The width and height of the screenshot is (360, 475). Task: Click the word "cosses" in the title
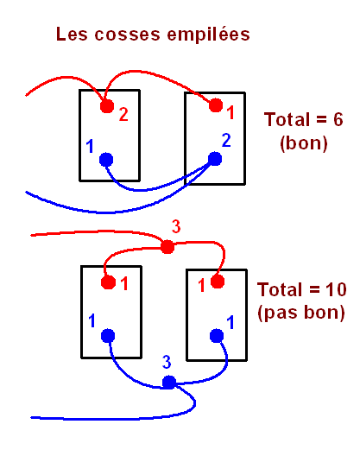pyautogui.click(x=127, y=35)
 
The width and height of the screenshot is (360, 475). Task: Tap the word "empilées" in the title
pyautogui.click(x=208, y=35)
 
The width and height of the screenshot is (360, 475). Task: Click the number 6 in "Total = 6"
pyautogui.click(x=338, y=119)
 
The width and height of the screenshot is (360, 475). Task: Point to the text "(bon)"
pyautogui.click(x=303, y=143)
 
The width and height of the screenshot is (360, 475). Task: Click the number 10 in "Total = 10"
pyautogui.click(x=336, y=289)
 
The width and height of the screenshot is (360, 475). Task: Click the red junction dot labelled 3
pyautogui.click(x=167, y=247)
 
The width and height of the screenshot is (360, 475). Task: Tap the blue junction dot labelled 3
pyautogui.click(x=169, y=383)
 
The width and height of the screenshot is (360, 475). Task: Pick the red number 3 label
pyautogui.click(x=176, y=226)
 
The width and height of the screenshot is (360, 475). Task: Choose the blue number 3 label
pyautogui.click(x=167, y=362)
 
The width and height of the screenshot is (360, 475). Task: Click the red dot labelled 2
pyautogui.click(x=107, y=106)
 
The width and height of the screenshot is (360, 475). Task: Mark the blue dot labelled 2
pyautogui.click(x=215, y=159)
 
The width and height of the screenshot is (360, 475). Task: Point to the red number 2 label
pyautogui.click(x=123, y=115)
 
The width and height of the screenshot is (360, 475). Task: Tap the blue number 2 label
pyautogui.click(x=226, y=141)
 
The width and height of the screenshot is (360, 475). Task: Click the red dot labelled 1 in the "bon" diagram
pyautogui.click(x=216, y=105)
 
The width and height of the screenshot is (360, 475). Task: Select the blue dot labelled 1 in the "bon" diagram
pyautogui.click(x=106, y=160)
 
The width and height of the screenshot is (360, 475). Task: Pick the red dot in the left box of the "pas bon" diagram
pyautogui.click(x=108, y=282)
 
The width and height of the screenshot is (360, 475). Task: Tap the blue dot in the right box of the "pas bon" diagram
pyautogui.click(x=217, y=336)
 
